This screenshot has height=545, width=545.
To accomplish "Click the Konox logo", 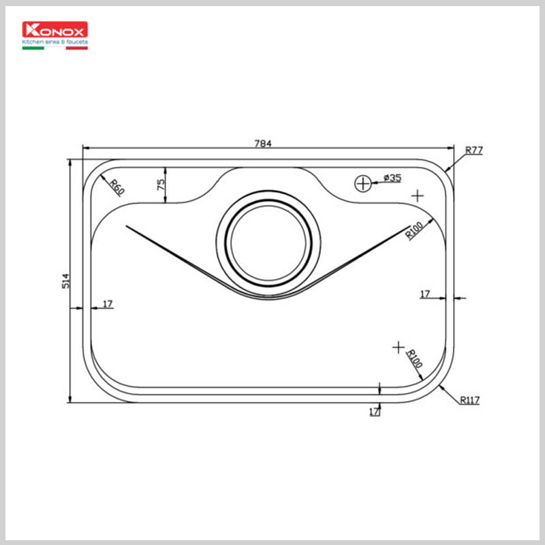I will click(x=55, y=31).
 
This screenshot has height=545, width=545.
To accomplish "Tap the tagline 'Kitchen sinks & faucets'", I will click(x=55, y=42).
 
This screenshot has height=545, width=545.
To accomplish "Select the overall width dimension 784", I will click(x=263, y=143).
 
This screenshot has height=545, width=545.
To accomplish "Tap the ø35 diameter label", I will click(x=392, y=178).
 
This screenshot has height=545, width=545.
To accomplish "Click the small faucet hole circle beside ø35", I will click(x=363, y=183).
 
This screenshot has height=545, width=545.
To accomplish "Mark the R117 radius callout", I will click(x=469, y=401).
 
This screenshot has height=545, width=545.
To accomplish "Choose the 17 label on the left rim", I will click(x=108, y=303).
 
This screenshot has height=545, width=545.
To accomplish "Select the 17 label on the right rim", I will click(x=425, y=294).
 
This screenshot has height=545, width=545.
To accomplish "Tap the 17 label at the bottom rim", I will click(x=373, y=411).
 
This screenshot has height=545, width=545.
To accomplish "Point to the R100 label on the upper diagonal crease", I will click(x=414, y=231).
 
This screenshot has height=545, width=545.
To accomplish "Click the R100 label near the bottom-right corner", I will click(x=415, y=358).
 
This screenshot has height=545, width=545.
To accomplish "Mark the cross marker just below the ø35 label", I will click(x=418, y=196).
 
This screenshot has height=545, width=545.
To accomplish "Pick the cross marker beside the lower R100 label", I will click(x=399, y=347).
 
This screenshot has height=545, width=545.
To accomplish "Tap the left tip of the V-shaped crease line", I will click(x=127, y=226).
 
